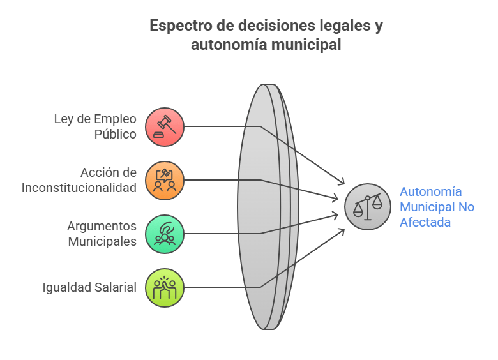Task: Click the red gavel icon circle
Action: coord(165,126)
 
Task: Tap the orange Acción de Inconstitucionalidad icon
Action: coord(165,180)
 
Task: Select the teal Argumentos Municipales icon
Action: coord(165,234)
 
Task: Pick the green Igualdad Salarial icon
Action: coord(165,288)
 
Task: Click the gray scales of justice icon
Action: coord(368,207)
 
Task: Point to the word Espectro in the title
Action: coord(181,26)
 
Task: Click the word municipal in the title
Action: coord(306,44)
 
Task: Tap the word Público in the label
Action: coord(116,134)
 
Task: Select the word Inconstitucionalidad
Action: coord(79,188)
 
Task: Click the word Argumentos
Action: coord(102,227)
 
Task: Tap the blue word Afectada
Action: coord(425,222)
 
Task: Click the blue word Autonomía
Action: coord(431,191)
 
